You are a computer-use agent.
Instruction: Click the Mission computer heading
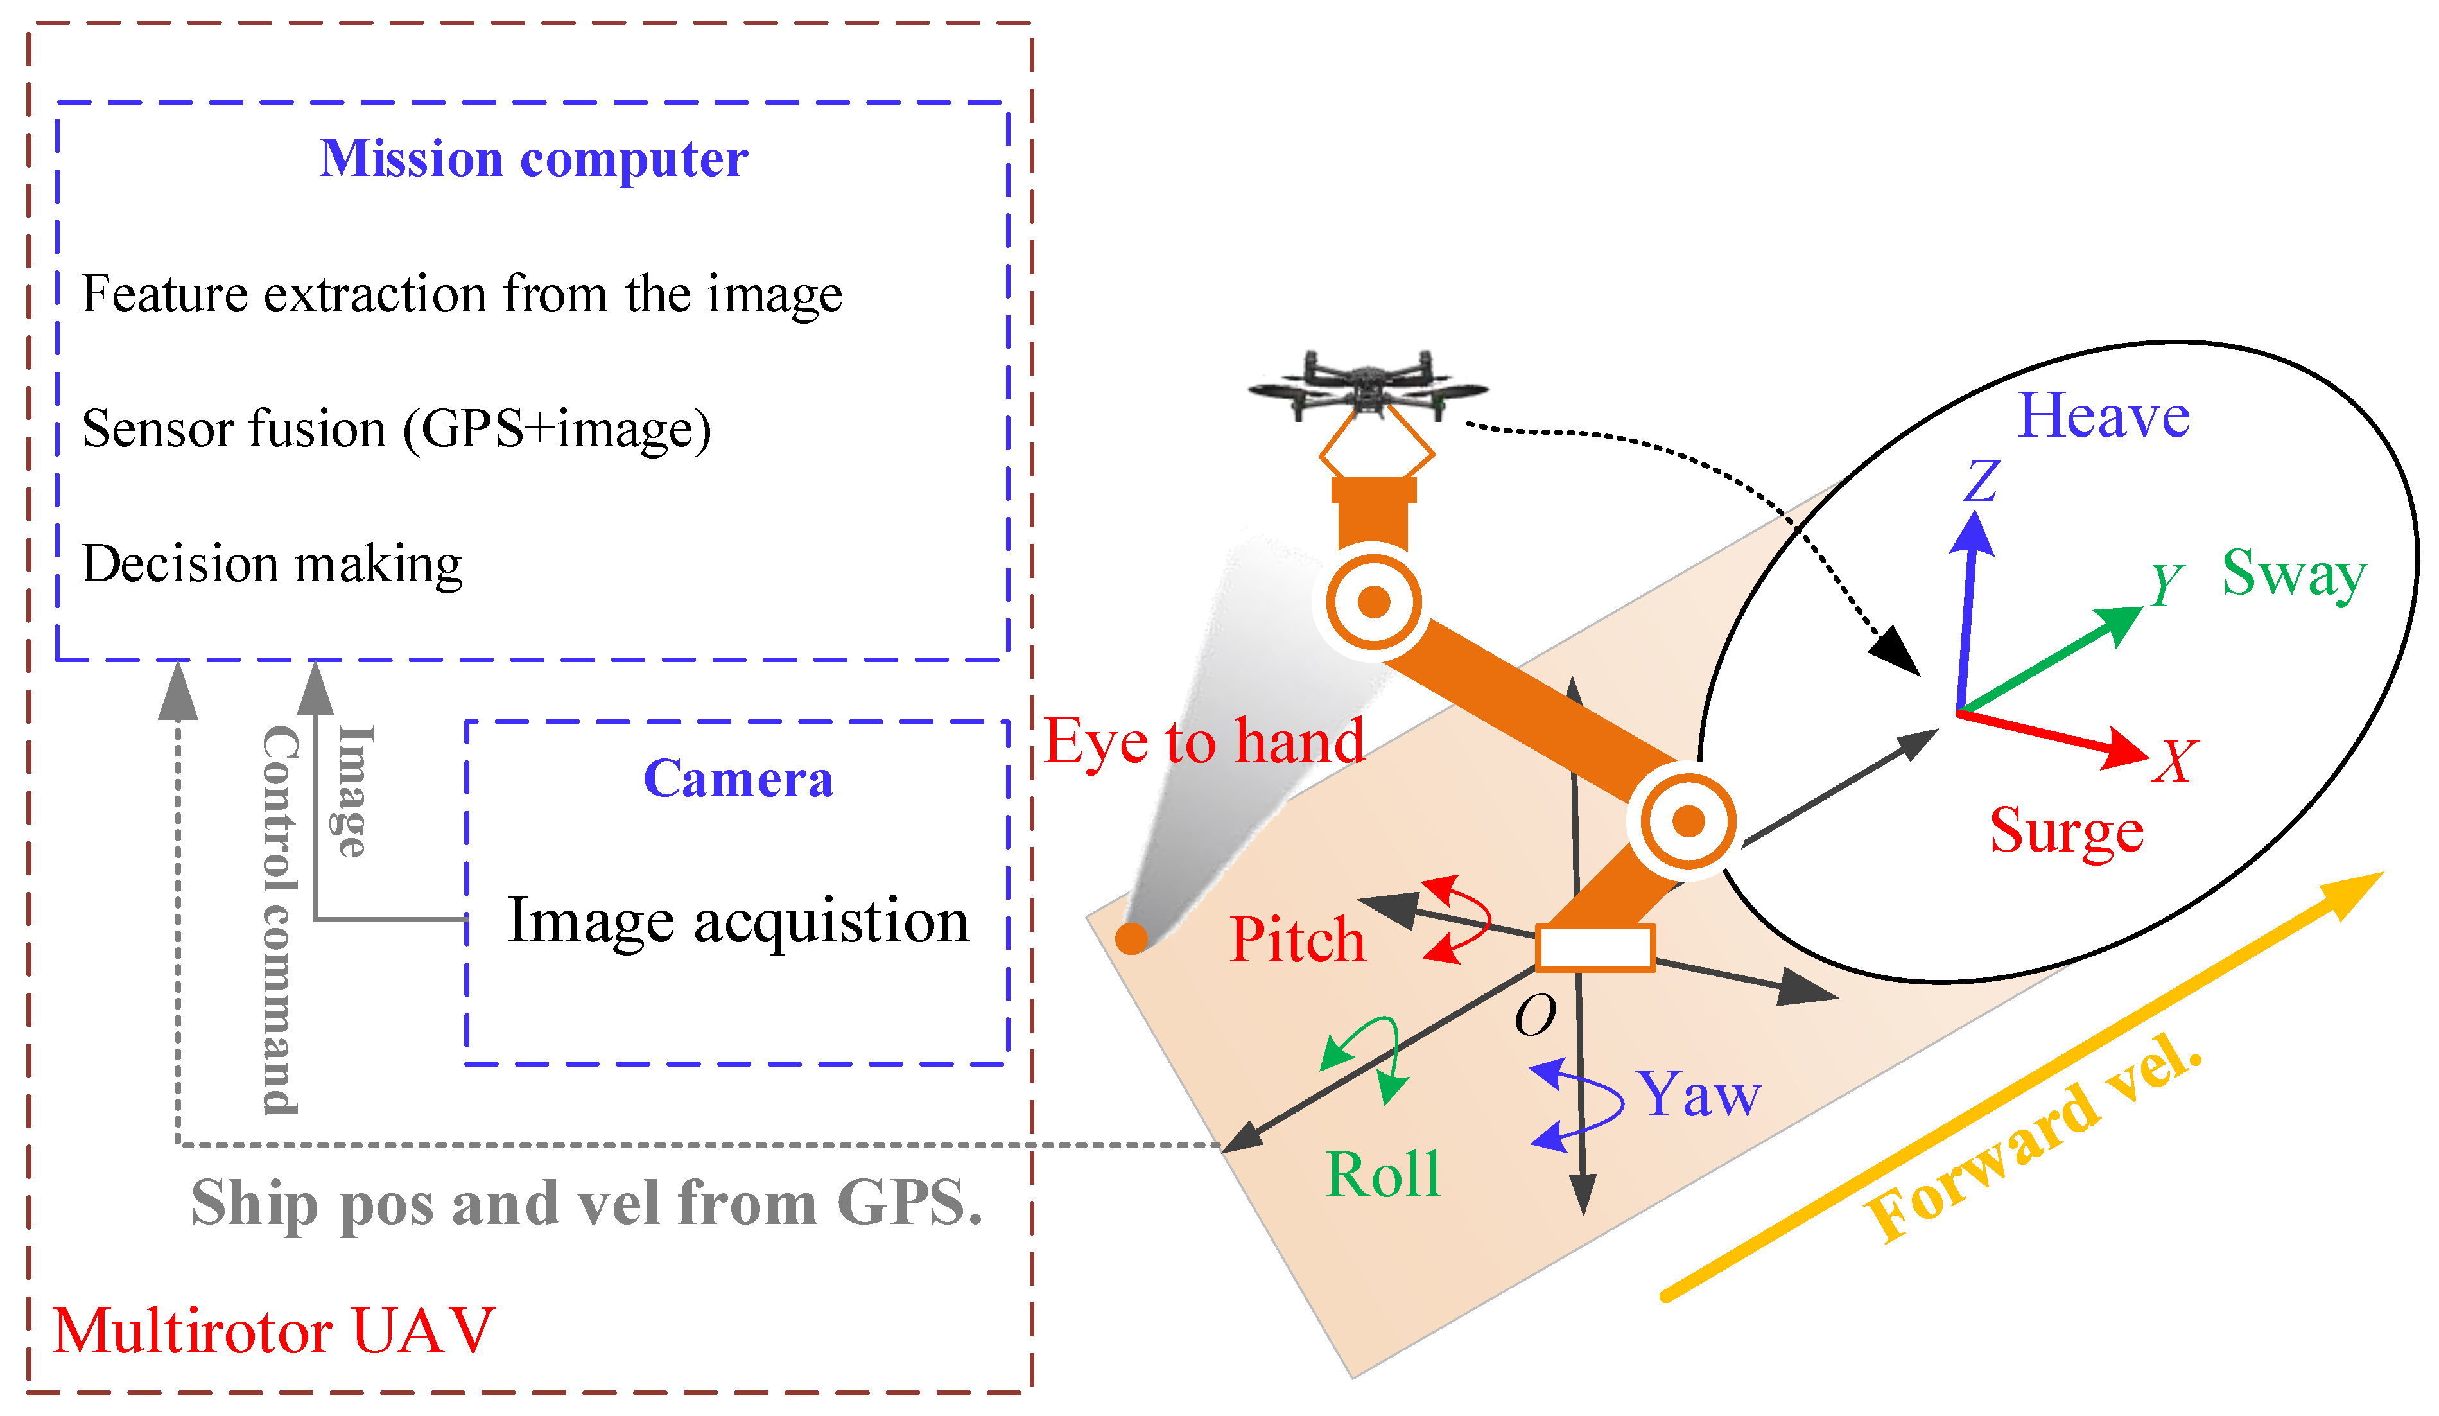coord(534,159)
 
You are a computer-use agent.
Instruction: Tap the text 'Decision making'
coord(272,563)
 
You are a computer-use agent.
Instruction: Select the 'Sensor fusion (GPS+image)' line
coord(396,429)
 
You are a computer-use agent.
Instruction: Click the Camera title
coord(738,779)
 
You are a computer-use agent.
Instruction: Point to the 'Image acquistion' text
coord(738,920)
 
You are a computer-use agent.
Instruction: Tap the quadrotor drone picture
coord(1367,386)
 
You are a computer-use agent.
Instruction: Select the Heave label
coord(2103,416)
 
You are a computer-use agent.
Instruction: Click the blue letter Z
coord(1981,481)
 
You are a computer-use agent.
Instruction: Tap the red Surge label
coord(2067,830)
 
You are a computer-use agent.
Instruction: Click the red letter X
coord(2174,762)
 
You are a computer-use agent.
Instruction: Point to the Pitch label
coord(1297,940)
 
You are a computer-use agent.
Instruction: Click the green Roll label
coord(1382,1175)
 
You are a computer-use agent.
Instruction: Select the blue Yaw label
coord(1699,1095)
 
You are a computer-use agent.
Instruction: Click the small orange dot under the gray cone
coord(1131,938)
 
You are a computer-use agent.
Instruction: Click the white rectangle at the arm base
coord(1595,948)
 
